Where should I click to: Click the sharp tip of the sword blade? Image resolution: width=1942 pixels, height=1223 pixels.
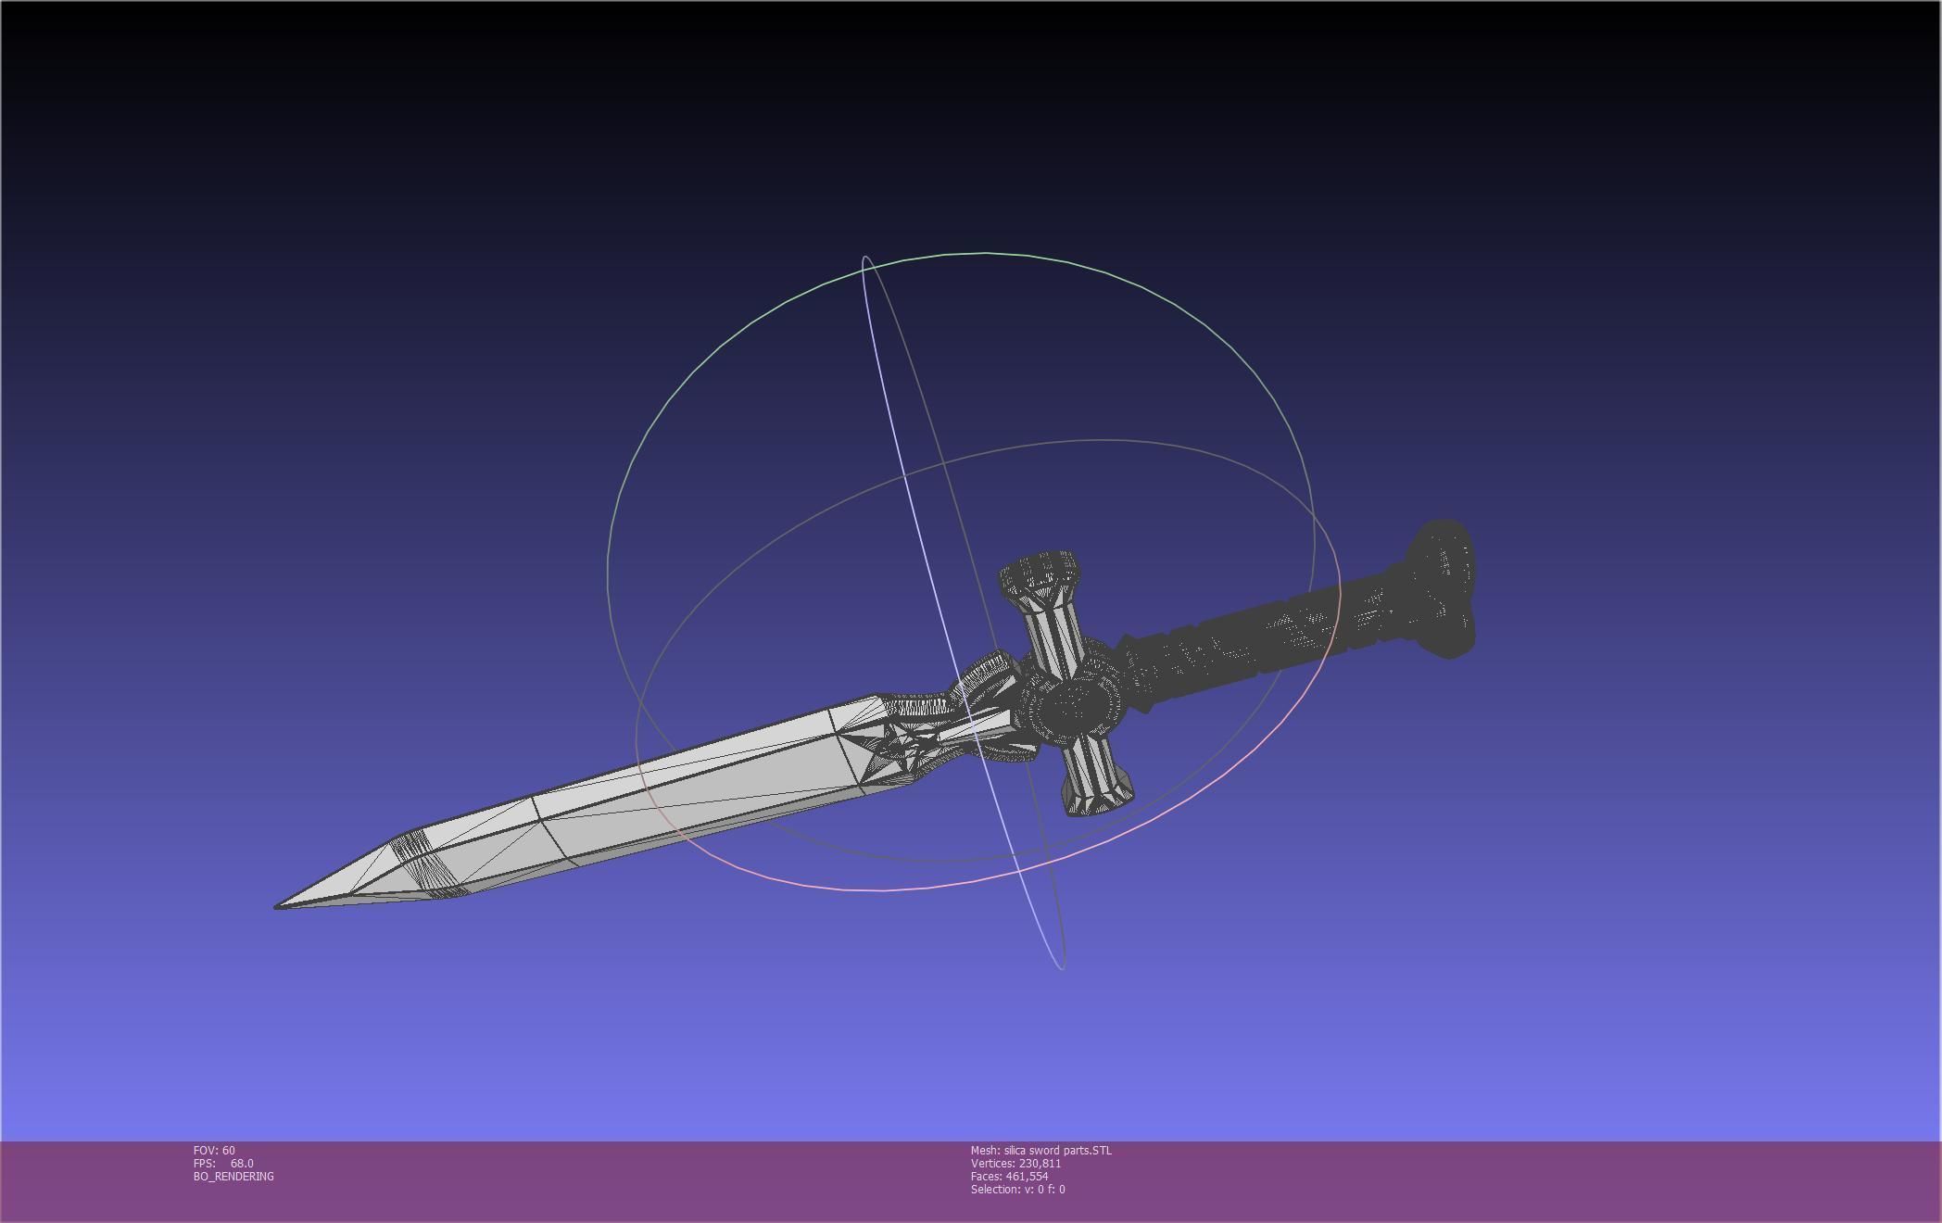278,905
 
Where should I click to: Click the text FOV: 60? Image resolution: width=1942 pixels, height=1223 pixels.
214,1150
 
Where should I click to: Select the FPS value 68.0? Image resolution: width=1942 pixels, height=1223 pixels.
241,1163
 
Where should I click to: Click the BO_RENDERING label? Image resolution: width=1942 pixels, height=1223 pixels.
233,1176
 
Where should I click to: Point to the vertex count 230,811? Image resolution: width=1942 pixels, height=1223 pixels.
1040,1163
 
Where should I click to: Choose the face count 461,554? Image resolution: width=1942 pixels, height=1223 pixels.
1027,1176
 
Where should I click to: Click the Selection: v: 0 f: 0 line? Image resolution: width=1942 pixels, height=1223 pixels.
1017,1189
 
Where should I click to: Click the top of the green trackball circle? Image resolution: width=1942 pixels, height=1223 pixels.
984,252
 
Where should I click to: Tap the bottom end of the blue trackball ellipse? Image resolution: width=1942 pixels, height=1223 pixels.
1061,968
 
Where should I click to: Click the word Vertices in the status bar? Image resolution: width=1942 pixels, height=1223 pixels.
992,1163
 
